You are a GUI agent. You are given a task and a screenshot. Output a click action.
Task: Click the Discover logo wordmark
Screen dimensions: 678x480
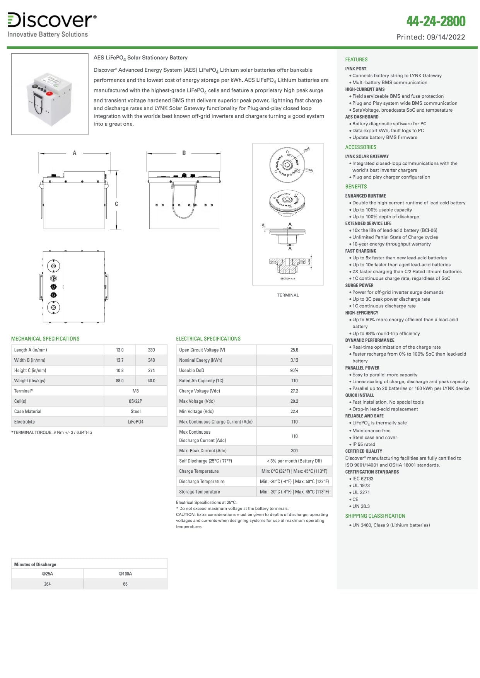click(51, 20)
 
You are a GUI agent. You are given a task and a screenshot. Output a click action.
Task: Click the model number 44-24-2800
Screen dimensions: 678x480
click(436, 21)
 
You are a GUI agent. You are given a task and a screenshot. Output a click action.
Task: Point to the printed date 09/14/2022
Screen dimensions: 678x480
click(446, 37)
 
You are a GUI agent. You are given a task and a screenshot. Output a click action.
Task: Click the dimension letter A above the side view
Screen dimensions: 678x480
click(75, 153)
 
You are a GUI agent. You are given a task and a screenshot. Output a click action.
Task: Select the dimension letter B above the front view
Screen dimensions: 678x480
click(184, 153)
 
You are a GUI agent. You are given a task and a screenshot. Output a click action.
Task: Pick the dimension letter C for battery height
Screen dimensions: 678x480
click(116, 204)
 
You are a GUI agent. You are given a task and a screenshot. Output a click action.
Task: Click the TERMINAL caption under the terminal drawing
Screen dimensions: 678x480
click(288, 295)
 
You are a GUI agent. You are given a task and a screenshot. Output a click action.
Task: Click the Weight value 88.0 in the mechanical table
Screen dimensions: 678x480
click(120, 381)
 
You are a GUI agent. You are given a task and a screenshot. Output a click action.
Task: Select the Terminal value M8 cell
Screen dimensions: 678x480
click(135, 391)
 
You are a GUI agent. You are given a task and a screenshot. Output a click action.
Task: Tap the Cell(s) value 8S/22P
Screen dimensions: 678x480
click(135, 401)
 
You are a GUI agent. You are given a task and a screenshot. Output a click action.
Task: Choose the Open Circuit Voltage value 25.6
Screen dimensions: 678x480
click(294, 350)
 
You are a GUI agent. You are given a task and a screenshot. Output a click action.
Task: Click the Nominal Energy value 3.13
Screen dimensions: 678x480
click(294, 360)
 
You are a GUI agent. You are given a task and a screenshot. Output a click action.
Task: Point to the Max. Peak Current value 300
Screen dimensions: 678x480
click(294, 451)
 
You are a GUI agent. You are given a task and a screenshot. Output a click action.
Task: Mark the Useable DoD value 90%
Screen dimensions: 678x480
click(294, 370)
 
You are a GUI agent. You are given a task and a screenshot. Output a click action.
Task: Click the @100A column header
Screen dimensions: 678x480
click(125, 574)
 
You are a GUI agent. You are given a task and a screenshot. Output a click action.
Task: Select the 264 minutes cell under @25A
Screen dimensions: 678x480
click(47, 584)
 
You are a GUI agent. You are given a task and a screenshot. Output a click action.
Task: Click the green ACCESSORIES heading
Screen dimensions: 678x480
click(360, 147)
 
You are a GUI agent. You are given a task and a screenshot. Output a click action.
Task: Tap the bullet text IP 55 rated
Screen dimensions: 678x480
click(364, 445)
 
